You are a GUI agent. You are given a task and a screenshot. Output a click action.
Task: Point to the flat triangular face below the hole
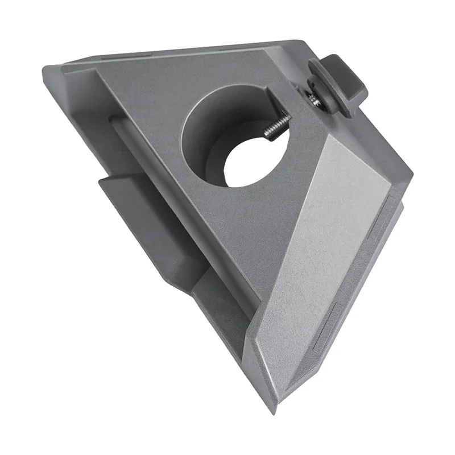pos(227,227)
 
